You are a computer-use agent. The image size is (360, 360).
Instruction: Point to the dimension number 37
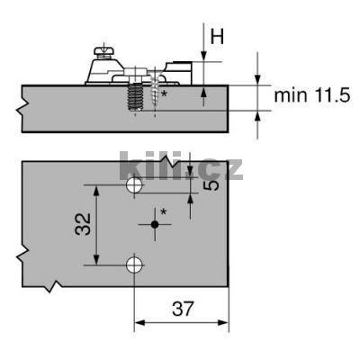[x=183, y=310]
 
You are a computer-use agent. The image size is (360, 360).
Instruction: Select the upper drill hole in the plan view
[x=134, y=185]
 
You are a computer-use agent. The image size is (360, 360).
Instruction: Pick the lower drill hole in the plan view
[x=134, y=265]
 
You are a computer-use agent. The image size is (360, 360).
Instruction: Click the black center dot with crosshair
[x=156, y=223]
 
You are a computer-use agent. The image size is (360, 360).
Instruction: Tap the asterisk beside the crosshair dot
[x=163, y=212]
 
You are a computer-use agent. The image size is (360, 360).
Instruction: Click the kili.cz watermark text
[x=180, y=168]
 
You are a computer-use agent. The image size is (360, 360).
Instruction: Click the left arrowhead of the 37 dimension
[x=139, y=323]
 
